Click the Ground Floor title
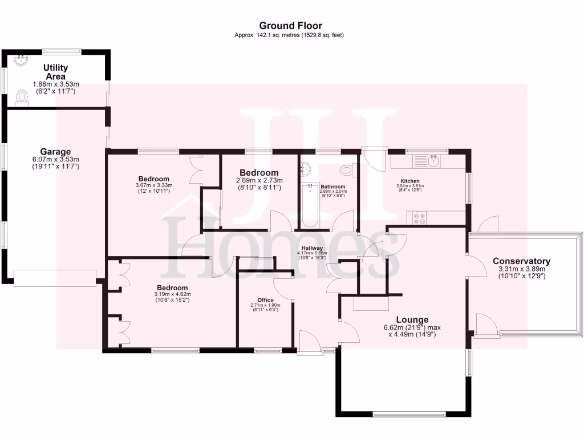(290, 26)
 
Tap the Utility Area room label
(55, 72)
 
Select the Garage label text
(55, 152)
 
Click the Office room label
(265, 300)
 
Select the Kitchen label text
(410, 181)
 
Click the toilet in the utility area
(23, 97)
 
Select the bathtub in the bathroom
(310, 205)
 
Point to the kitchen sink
(433, 161)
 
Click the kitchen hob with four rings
(419, 217)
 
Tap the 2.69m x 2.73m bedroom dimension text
(259, 184)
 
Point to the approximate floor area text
(289, 35)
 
